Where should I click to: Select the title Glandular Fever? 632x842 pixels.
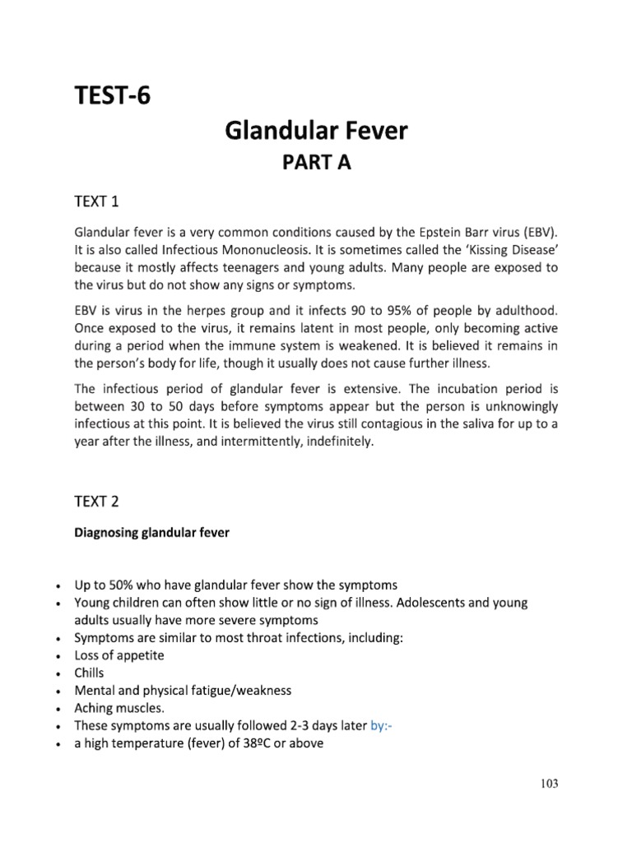(317, 130)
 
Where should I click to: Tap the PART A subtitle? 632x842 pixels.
(317, 162)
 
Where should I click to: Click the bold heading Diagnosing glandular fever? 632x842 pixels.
(151, 532)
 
